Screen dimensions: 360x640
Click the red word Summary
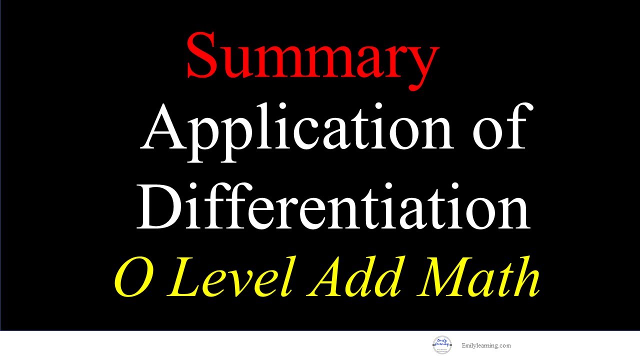point(312,58)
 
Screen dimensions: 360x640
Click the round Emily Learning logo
point(442,345)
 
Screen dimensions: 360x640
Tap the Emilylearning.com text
point(486,345)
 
